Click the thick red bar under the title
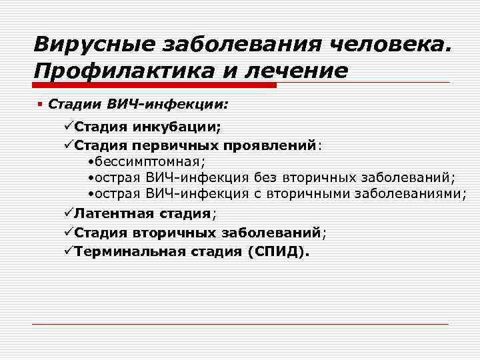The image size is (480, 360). coord(154,85)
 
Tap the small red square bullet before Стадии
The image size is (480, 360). coord(41,105)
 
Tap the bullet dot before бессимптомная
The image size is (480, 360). coord(91,163)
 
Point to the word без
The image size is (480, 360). coord(267,178)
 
